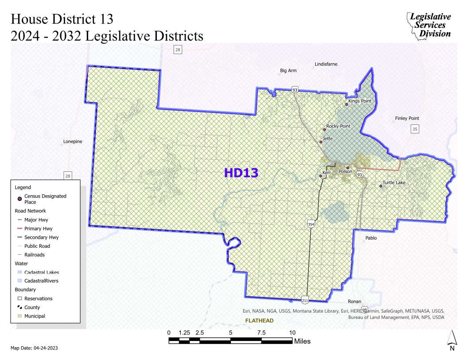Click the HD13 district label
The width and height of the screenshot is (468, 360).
(x=241, y=173)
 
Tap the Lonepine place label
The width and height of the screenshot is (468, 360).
(x=73, y=142)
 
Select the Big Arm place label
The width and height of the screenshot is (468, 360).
(x=289, y=70)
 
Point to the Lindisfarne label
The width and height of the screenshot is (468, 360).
(x=326, y=64)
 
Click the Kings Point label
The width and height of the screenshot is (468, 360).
(x=359, y=101)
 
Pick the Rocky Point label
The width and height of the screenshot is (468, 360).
(x=338, y=126)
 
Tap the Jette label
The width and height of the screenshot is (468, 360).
(x=328, y=139)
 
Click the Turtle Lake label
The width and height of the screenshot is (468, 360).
(x=394, y=182)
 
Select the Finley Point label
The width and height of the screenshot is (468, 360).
(x=407, y=119)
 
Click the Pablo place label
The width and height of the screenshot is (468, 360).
(x=371, y=238)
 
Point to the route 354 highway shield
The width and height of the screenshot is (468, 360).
(x=311, y=225)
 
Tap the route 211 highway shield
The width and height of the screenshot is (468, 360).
(x=305, y=301)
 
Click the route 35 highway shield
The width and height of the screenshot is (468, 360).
(x=414, y=129)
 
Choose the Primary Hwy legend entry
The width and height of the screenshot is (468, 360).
(x=38, y=228)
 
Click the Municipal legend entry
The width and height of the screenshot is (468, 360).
(x=35, y=316)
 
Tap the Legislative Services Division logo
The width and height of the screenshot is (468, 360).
(x=429, y=25)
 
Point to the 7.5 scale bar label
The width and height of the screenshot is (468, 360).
(x=261, y=333)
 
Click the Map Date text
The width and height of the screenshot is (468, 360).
(x=34, y=348)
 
